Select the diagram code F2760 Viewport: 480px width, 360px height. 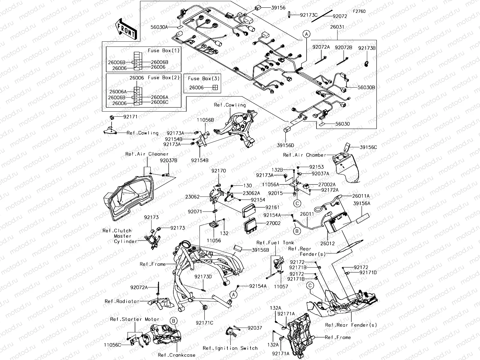pos(359,11)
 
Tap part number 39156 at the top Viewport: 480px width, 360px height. pos(279,8)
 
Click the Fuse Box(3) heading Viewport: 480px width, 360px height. pos(204,79)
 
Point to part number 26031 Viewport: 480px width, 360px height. pos(337,27)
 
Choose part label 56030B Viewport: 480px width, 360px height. pos(366,88)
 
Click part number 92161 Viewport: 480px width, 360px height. pos(272,207)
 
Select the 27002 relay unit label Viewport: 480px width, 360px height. pos(273,223)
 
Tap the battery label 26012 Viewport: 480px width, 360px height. pos(327,244)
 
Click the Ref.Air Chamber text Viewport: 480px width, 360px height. pos(304,155)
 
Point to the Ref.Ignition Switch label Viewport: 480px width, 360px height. pos(230,348)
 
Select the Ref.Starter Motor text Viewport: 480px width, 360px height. pos(134,319)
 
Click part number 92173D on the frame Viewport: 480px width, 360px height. pos(203,277)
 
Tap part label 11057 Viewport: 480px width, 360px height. pos(281,286)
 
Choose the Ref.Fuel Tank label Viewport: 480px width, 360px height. pos(275,243)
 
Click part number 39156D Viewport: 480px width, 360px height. pos(285,145)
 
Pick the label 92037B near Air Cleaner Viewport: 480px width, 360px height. pos(168,160)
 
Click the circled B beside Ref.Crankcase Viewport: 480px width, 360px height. pos(173,321)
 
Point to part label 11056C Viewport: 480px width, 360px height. pos(112,345)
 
